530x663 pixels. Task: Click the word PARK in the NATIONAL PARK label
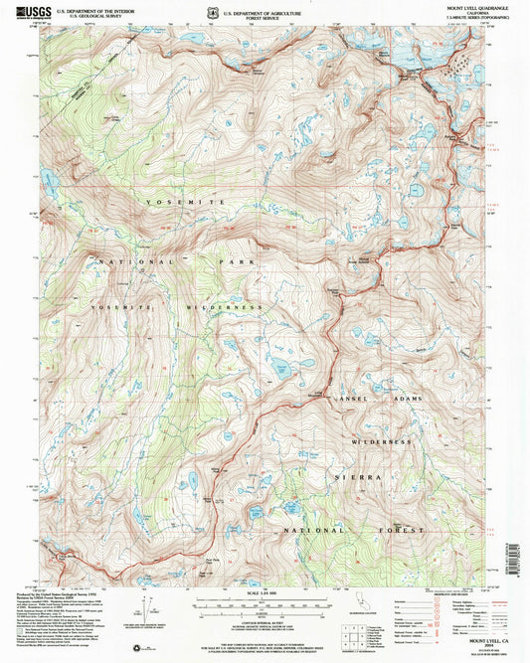point(233,262)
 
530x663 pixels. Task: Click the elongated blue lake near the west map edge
point(47,179)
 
